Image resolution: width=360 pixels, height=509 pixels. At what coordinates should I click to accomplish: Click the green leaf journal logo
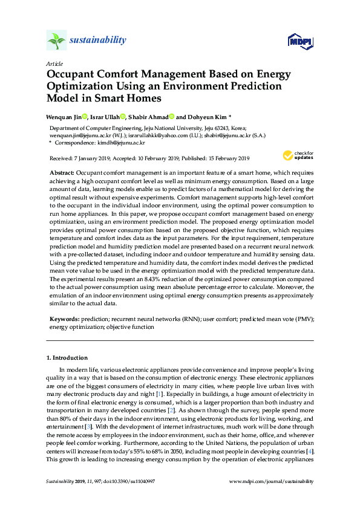[x=56, y=41]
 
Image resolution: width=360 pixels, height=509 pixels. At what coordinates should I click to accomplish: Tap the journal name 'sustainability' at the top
[x=98, y=41]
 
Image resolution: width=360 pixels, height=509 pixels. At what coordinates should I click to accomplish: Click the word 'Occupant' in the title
[x=74, y=75]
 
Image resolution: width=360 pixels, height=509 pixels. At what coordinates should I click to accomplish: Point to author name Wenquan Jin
[x=65, y=117]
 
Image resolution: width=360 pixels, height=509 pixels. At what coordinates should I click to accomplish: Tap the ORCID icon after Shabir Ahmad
[x=172, y=117]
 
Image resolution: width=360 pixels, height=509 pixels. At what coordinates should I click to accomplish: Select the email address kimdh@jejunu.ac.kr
[x=122, y=143]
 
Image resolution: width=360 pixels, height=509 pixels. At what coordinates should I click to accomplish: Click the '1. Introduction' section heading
[x=70, y=357]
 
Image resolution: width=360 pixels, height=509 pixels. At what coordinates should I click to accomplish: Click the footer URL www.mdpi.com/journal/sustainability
[x=272, y=481]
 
